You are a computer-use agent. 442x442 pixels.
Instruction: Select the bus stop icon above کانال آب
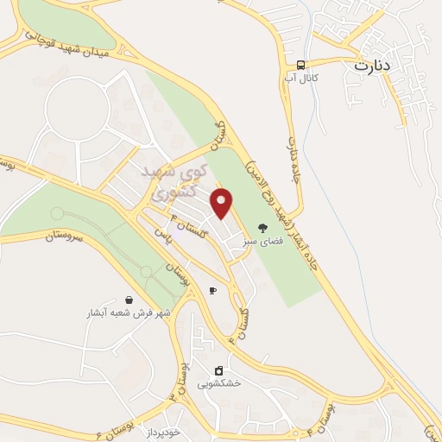[x=300, y=66]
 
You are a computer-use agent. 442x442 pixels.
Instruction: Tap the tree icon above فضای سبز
[x=262, y=228]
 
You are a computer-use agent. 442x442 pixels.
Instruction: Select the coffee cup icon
[x=212, y=291]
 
